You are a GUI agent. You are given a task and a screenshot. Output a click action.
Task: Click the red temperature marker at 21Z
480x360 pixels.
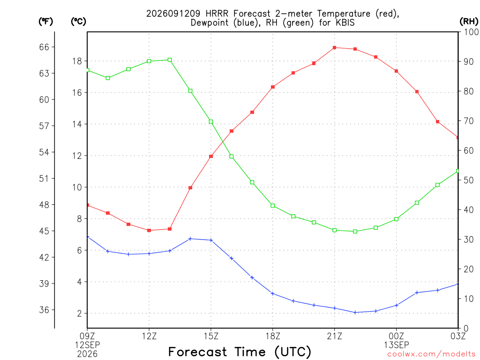[x=335, y=48]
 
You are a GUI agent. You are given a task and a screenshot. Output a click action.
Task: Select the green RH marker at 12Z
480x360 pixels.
[x=149, y=61]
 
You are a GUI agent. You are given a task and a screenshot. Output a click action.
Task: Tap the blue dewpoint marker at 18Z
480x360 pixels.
[x=273, y=293]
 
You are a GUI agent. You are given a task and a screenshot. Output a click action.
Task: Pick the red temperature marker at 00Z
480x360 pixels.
[x=396, y=71]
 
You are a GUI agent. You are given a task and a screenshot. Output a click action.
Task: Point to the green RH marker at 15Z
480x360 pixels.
[x=211, y=122]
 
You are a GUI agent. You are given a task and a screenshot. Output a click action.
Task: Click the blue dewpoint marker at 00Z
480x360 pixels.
[x=397, y=305]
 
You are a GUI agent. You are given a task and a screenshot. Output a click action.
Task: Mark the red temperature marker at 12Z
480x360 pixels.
[x=149, y=231]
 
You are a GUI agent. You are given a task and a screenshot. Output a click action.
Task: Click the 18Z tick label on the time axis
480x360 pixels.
[x=273, y=336]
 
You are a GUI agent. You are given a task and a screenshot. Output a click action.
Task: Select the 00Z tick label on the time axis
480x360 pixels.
[x=397, y=336]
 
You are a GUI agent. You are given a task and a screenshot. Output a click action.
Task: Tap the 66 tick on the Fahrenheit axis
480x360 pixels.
[x=44, y=47]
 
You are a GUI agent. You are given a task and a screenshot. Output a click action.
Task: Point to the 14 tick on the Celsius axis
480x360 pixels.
[x=77, y=124]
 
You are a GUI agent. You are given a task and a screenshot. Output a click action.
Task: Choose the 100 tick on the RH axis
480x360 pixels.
[x=471, y=32]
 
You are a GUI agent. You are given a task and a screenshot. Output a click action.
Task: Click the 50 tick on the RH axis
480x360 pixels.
[x=469, y=180]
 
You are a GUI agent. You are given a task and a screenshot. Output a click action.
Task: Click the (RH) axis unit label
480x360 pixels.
[x=469, y=22]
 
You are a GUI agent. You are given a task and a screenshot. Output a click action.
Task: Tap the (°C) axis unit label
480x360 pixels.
[x=78, y=22]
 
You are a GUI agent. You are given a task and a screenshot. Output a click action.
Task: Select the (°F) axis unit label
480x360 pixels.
[x=45, y=22]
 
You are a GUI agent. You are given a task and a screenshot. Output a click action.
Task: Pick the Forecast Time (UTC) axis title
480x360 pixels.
[x=240, y=352]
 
